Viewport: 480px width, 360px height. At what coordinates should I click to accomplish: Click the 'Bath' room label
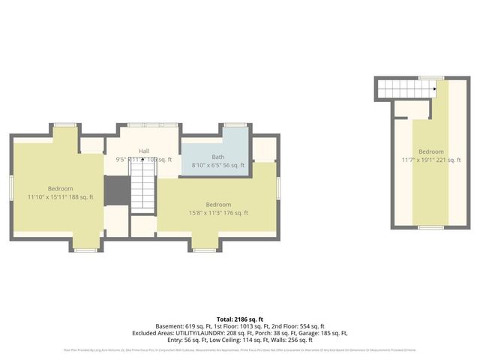pos(217,157)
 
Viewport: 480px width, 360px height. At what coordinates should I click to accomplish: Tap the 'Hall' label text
pos(144,151)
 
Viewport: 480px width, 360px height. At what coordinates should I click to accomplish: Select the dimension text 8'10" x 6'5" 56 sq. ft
pos(217,165)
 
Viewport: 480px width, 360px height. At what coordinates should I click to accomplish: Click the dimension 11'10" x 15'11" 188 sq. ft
pos(61,197)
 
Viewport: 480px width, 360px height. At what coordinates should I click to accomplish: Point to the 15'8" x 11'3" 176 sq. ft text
pos(218,213)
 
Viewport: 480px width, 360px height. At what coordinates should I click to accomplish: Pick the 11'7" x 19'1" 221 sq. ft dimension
pos(431,160)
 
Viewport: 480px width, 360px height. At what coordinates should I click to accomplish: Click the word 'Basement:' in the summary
pos(169,327)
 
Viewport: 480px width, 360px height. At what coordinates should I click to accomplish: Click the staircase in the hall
pos(142,183)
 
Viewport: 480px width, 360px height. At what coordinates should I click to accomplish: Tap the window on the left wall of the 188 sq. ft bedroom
pos(11,187)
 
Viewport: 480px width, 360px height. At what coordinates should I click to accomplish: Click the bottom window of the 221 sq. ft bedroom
pos(430,227)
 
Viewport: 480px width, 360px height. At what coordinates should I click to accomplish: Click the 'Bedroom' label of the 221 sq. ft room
pos(431,151)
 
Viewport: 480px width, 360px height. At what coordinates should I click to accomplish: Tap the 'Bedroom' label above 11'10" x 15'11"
pos(61,188)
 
